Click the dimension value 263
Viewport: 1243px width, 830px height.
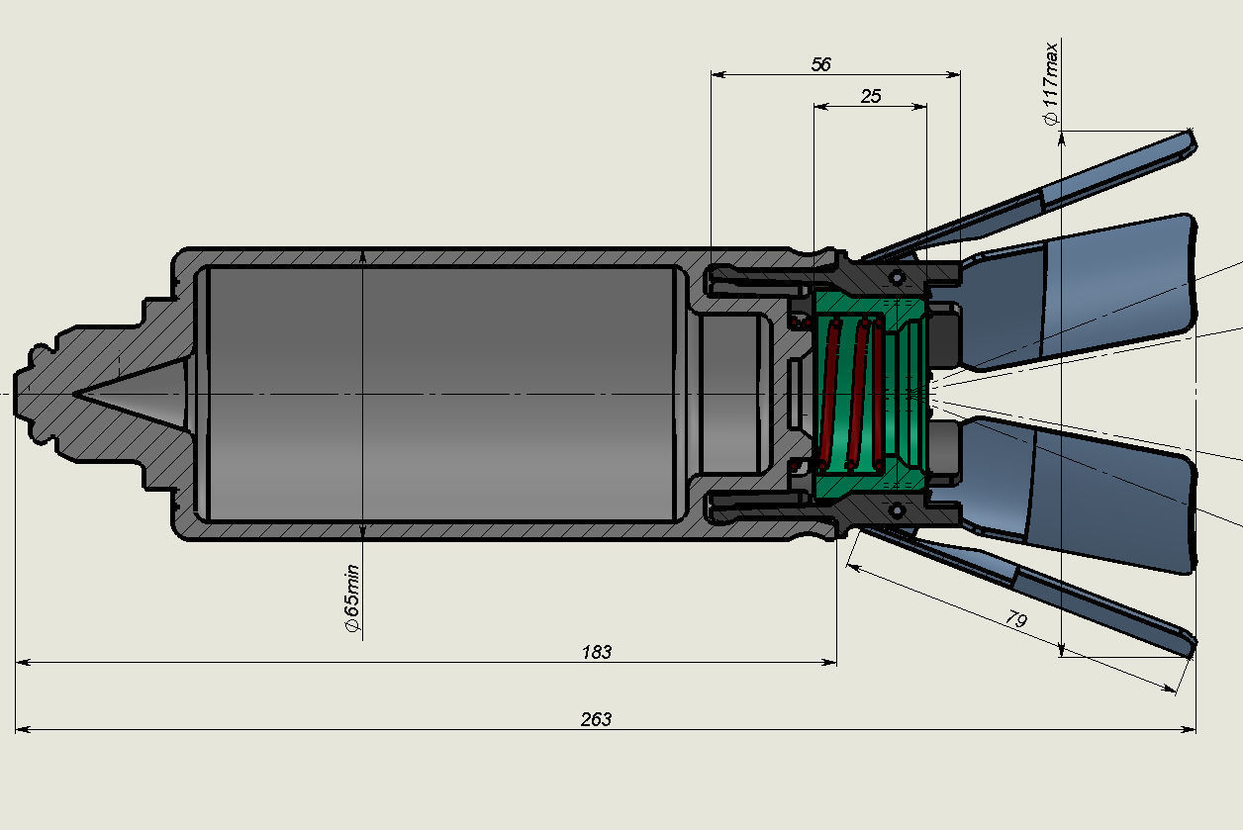(x=596, y=719)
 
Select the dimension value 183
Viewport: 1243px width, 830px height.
(x=597, y=652)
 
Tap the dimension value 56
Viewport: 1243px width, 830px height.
(x=820, y=64)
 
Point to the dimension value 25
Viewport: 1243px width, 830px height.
(x=871, y=96)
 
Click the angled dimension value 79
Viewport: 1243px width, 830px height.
(x=1015, y=620)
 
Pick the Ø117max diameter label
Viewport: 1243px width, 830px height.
(x=1051, y=83)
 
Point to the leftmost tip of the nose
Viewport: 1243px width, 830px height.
(x=16, y=394)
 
